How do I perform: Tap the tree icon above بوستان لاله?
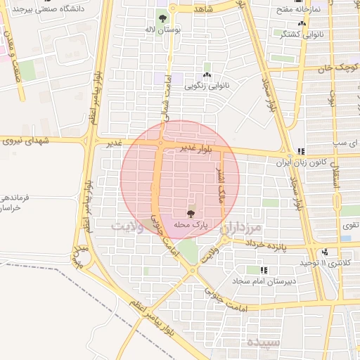click(x=162, y=18)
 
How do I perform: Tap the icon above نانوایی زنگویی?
click(x=207, y=75)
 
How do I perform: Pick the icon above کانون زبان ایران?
click(x=301, y=151)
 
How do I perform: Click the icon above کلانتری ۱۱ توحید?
click(x=324, y=252)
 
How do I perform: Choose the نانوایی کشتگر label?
click(x=302, y=33)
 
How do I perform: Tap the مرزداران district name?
click(x=240, y=228)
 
